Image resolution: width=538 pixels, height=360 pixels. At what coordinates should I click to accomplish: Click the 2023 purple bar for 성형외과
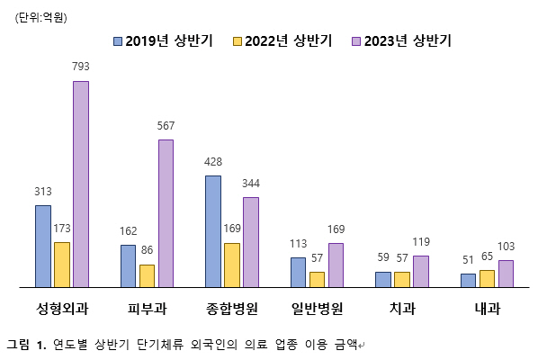(x=81, y=184)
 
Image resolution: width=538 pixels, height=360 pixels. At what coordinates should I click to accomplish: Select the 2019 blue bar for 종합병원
(x=213, y=231)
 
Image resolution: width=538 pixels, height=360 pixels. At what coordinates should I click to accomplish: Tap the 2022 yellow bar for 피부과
(x=147, y=275)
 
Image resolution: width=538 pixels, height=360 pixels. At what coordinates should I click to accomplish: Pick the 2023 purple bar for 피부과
(x=166, y=213)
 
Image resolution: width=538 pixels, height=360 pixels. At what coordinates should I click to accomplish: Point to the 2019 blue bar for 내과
(x=468, y=280)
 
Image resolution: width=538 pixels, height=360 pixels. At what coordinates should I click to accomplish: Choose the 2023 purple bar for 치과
(x=421, y=271)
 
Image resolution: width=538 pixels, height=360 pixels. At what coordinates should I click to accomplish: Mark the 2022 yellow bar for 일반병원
(x=317, y=279)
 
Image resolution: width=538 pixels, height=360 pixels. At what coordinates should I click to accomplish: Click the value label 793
(x=81, y=67)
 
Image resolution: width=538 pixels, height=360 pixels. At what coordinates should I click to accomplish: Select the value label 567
(x=166, y=125)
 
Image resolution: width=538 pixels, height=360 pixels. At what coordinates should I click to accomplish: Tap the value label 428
(x=213, y=161)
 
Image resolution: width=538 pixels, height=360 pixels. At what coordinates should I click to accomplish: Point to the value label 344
(x=251, y=183)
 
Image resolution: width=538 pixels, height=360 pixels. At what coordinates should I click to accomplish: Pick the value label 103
(x=506, y=246)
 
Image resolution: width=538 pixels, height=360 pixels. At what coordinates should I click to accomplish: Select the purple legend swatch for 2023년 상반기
(x=357, y=40)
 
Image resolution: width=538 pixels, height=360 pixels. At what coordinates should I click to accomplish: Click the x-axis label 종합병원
(x=232, y=309)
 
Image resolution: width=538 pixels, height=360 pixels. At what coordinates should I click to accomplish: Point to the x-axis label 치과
(x=402, y=309)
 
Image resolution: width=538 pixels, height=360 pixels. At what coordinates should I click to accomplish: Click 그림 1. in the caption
(x=25, y=343)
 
